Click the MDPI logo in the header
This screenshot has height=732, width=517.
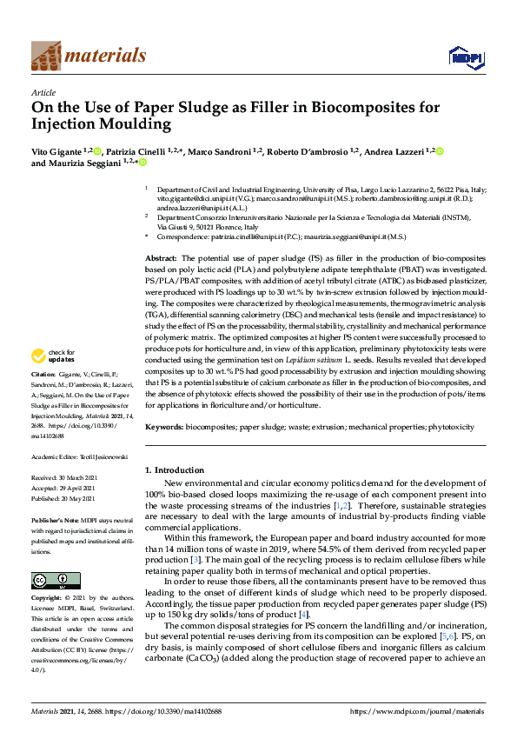click(466, 57)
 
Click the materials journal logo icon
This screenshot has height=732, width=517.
click(46, 56)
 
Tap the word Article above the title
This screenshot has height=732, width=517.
click(43, 91)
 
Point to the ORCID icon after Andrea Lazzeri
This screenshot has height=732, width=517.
click(440, 152)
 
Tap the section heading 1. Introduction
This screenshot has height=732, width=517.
click(175, 470)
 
